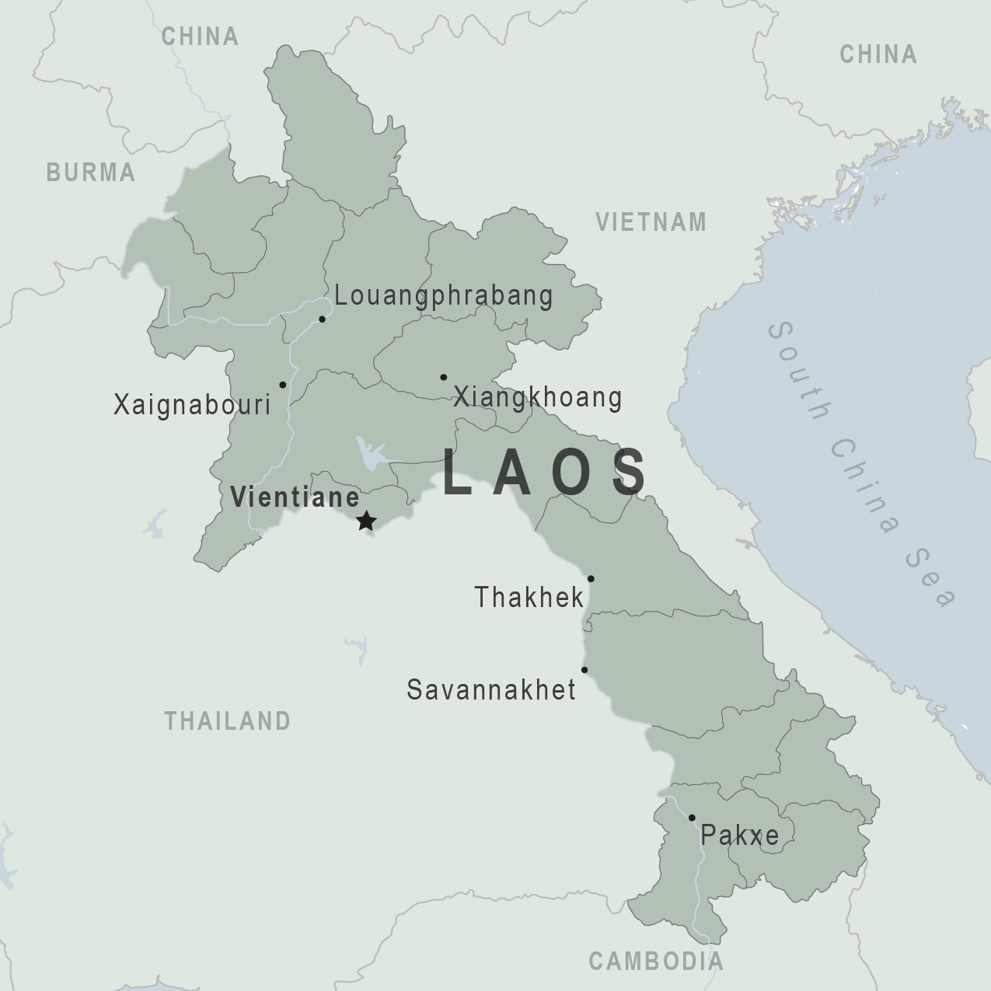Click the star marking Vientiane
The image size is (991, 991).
[x=366, y=522]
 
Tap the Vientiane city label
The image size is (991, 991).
[x=295, y=497]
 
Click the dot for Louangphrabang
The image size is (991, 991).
[x=322, y=319]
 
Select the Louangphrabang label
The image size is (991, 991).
[x=444, y=296]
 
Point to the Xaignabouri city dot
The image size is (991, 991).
[x=282, y=385]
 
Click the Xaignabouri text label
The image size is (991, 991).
[x=192, y=405]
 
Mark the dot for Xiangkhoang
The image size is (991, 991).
[x=443, y=377]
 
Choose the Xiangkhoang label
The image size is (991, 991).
[x=537, y=397]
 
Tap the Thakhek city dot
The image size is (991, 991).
[x=591, y=578]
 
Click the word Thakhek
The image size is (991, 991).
[x=529, y=598]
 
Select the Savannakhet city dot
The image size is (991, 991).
[x=584, y=670]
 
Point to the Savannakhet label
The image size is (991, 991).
[x=491, y=690]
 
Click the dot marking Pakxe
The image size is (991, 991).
[x=692, y=818]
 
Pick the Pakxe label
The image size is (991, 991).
[x=739, y=836]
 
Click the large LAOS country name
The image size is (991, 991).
[x=544, y=473]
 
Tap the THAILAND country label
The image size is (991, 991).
[x=227, y=721]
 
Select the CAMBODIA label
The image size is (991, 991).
[x=656, y=961]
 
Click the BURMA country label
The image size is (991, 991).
[x=91, y=173]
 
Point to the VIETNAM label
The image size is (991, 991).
[x=651, y=222]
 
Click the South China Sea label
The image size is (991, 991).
[x=861, y=465]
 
